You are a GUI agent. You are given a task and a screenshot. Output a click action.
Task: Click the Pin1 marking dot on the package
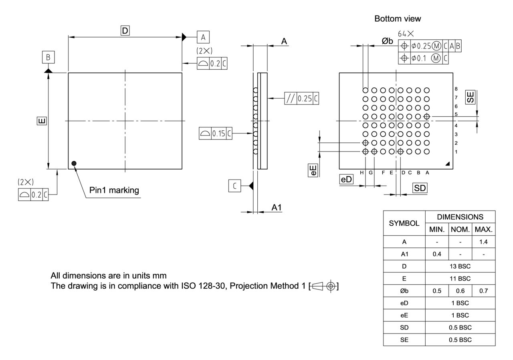pos(74,163)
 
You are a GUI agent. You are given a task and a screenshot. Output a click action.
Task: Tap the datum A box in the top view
pos(203,37)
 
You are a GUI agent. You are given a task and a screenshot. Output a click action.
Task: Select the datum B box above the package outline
pos(48,57)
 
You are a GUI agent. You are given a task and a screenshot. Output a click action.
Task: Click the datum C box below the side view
pos(235,186)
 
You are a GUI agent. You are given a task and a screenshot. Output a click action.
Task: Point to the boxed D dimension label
pos(125,30)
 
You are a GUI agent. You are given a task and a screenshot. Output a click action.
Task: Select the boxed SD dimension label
pos(420,188)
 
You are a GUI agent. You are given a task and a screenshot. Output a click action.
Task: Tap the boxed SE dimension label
pos(470,97)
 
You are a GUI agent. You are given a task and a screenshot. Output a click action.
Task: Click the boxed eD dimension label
pos(346,179)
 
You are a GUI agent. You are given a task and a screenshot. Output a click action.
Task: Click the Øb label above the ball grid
pos(387,41)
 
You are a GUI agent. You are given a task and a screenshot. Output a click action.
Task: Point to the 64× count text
pos(406,34)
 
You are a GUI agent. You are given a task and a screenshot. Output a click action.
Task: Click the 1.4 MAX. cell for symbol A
pos(484,242)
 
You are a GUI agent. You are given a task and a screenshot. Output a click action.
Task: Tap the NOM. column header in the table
pos(460,230)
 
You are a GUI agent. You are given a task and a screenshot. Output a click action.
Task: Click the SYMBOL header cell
pos(404,223)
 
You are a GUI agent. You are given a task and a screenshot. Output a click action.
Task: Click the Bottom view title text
pos(398,19)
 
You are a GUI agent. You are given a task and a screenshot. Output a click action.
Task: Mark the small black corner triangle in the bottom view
pos(447,164)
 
